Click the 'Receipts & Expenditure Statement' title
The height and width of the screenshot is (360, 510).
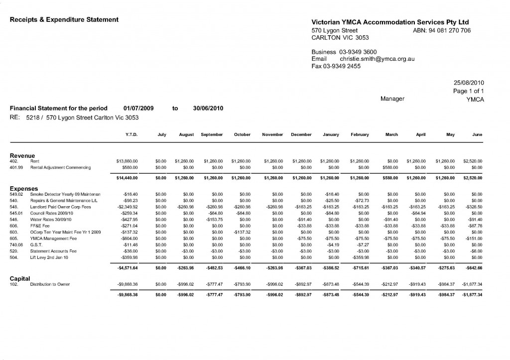click(64, 19)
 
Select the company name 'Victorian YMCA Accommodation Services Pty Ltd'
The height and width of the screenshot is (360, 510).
click(390, 22)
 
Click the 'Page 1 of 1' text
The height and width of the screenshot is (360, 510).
click(469, 91)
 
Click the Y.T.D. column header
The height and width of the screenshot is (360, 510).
click(130, 135)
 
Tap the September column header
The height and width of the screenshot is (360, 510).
click(212, 135)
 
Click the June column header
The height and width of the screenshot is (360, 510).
click(477, 135)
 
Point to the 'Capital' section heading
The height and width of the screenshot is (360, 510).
click(20, 278)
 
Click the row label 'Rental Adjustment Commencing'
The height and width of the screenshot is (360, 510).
click(61, 168)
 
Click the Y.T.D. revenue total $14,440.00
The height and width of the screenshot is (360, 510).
click(127, 178)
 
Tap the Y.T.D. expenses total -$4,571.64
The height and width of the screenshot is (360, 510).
click(127, 268)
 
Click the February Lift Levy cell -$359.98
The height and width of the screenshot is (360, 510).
click(360, 257)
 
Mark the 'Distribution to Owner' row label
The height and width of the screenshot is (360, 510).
click(50, 284)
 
